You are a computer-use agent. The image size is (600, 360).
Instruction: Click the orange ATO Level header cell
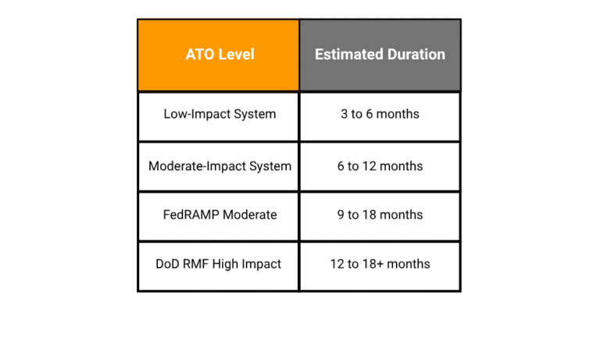[219, 55]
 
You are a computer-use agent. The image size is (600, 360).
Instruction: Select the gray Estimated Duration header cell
[380, 55]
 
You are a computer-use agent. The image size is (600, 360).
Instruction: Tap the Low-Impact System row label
[220, 114]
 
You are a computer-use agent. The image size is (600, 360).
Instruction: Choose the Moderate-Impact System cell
[220, 166]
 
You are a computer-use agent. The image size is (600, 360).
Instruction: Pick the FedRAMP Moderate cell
[220, 215]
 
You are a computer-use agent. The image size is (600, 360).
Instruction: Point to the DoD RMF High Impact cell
[219, 264]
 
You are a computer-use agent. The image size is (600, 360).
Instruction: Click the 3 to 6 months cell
[380, 114]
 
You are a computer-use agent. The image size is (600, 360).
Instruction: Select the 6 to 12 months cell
[380, 166]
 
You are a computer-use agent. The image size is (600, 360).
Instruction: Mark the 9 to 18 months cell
[380, 215]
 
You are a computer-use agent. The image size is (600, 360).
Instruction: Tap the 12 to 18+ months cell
[380, 264]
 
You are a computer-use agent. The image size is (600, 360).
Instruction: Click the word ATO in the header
[199, 55]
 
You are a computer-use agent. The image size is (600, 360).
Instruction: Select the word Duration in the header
[416, 55]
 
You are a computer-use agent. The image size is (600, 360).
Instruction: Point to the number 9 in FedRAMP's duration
[341, 215]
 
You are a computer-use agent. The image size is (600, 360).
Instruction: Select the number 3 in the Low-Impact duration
[345, 114]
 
